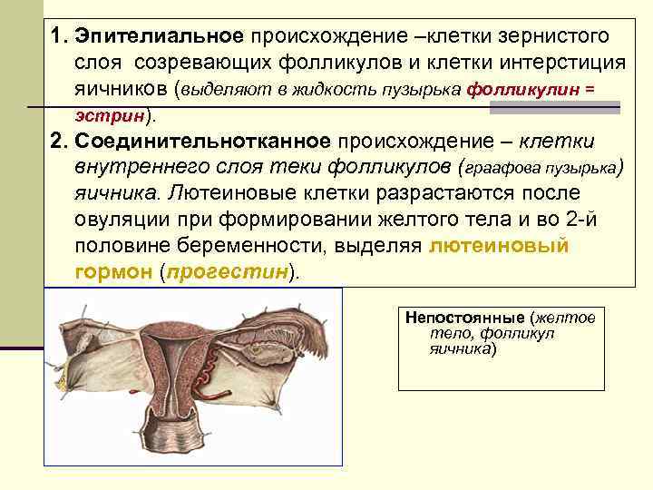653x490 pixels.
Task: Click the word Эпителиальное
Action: pyautogui.click(x=160, y=36)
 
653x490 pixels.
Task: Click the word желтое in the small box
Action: pyautogui.click(x=568, y=318)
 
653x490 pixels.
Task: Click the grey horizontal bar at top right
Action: pyautogui.click(x=554, y=107)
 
